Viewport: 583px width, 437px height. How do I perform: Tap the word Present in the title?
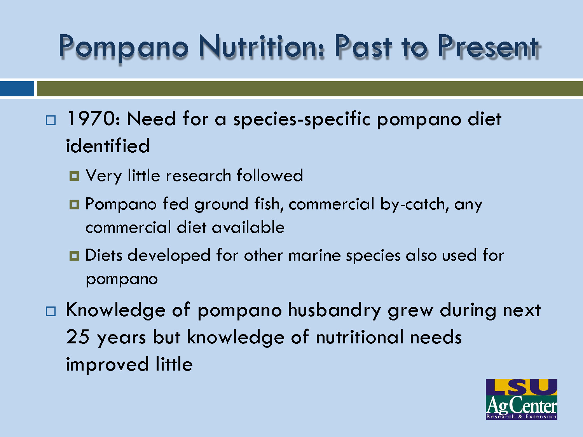(488, 47)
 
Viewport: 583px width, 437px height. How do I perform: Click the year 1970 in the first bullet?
(91, 118)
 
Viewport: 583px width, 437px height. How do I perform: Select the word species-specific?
(301, 119)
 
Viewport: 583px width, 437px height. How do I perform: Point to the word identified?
(108, 146)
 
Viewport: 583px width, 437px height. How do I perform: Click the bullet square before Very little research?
(74, 176)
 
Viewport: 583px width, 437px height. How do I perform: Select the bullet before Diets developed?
(74, 256)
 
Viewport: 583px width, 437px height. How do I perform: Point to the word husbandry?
(334, 310)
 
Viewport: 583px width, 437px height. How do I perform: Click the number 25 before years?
(78, 337)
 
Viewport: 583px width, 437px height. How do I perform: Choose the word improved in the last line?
(107, 365)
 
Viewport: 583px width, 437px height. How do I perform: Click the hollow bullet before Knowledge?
(51, 312)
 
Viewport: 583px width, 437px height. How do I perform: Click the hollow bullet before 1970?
(51, 120)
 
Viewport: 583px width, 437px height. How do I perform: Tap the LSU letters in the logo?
(521, 387)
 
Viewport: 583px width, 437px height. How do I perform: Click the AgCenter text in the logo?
(521, 406)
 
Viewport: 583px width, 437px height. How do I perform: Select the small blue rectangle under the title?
(17, 89)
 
